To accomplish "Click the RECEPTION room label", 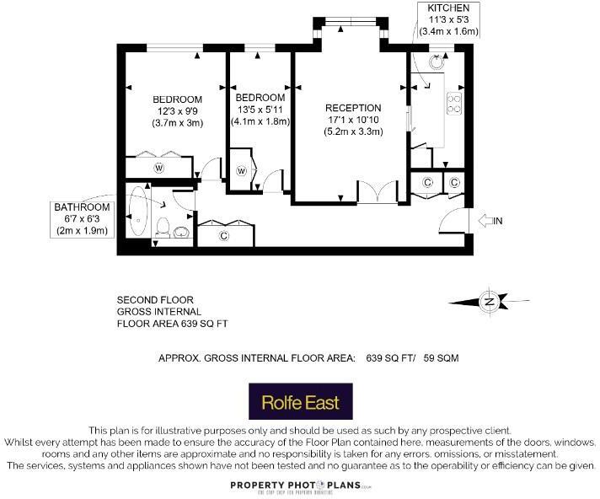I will (x=353, y=108).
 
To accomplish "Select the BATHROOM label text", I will (x=83, y=207).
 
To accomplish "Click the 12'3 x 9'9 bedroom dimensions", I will (x=178, y=110).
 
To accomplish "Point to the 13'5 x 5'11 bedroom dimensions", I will (x=260, y=109).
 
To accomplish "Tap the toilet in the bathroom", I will (x=164, y=226).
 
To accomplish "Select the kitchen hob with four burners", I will (x=453, y=102).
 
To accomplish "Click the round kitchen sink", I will (x=437, y=61).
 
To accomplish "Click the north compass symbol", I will (x=488, y=301).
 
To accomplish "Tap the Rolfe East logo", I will (x=300, y=401).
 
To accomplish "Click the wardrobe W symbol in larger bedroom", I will (x=158, y=168).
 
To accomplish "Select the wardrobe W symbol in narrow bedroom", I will (x=242, y=171).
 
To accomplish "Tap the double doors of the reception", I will (x=376, y=191).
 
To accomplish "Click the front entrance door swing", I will (x=453, y=221).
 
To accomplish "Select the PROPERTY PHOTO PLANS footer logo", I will (x=300, y=486).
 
